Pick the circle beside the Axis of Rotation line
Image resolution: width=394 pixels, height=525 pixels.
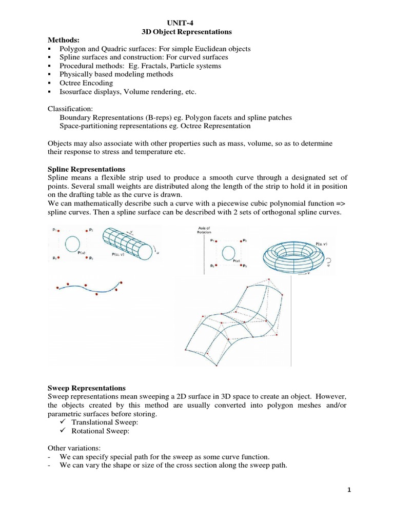(x=229, y=251)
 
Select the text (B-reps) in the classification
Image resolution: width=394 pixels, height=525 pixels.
(x=159, y=117)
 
